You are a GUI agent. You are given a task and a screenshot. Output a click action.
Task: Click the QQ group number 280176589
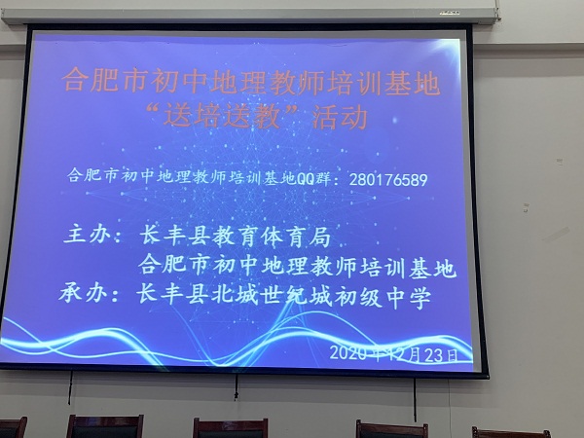coord(388,179)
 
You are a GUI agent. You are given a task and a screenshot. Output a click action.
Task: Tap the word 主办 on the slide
coord(88,235)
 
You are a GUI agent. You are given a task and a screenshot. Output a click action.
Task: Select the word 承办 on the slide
coord(83,293)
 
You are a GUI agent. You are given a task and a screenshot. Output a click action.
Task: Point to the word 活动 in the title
coord(340,118)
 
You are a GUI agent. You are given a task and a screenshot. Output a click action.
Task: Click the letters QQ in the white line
coord(306,179)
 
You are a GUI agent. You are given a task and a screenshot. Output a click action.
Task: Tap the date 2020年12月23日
coord(393,354)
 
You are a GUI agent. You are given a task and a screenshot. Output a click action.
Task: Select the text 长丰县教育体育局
coord(235,237)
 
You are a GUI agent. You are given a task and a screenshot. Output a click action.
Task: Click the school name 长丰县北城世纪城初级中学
coord(283,297)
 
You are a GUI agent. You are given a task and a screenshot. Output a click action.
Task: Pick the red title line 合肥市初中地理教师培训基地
coord(251,81)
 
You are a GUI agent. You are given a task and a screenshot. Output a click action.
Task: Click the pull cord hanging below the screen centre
coord(236,387)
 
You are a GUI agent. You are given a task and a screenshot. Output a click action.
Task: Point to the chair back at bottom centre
coord(230,428)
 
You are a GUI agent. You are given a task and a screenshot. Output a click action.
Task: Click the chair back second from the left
coord(105,426)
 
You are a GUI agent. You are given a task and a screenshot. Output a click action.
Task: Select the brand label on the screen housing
coord(449,13)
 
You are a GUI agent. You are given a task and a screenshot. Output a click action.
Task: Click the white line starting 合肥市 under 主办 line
coord(297,267)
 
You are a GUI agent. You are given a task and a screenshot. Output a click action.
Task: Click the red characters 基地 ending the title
coord(413,84)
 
